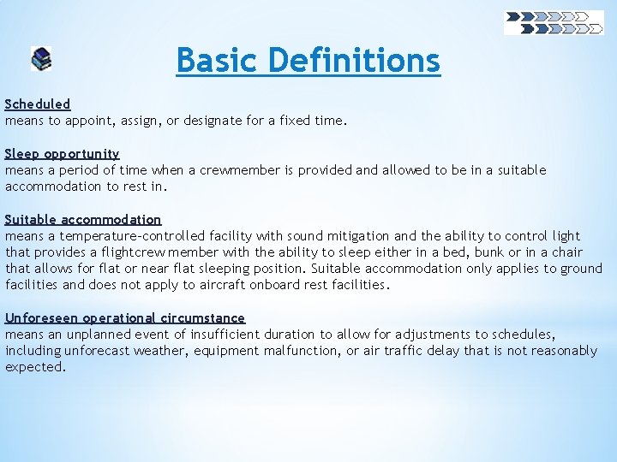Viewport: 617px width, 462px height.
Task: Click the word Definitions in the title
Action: point(354,61)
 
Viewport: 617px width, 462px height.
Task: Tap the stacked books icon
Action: point(41,59)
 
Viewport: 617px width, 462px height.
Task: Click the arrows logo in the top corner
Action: point(554,22)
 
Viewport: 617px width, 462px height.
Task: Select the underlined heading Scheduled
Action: point(38,104)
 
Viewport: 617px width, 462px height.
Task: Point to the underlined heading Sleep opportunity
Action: point(63,154)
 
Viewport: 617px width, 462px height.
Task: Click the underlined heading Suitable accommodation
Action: point(83,220)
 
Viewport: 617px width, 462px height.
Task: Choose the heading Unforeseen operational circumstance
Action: point(125,318)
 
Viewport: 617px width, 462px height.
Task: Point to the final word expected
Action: point(34,367)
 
